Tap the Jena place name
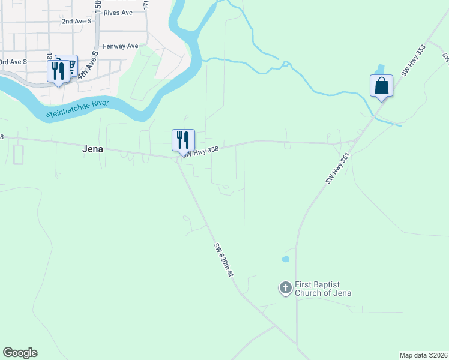[x=94, y=151]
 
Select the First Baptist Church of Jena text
[x=323, y=289]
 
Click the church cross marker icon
[x=286, y=288]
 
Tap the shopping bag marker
[x=382, y=86]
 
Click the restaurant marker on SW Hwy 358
[x=183, y=140]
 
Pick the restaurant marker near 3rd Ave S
[x=58, y=71]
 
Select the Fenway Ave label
[x=121, y=46]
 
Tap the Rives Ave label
[x=118, y=12]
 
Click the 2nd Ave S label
[x=76, y=21]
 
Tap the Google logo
[x=20, y=353]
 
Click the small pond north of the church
[x=285, y=259]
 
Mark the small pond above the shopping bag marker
[x=380, y=69]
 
